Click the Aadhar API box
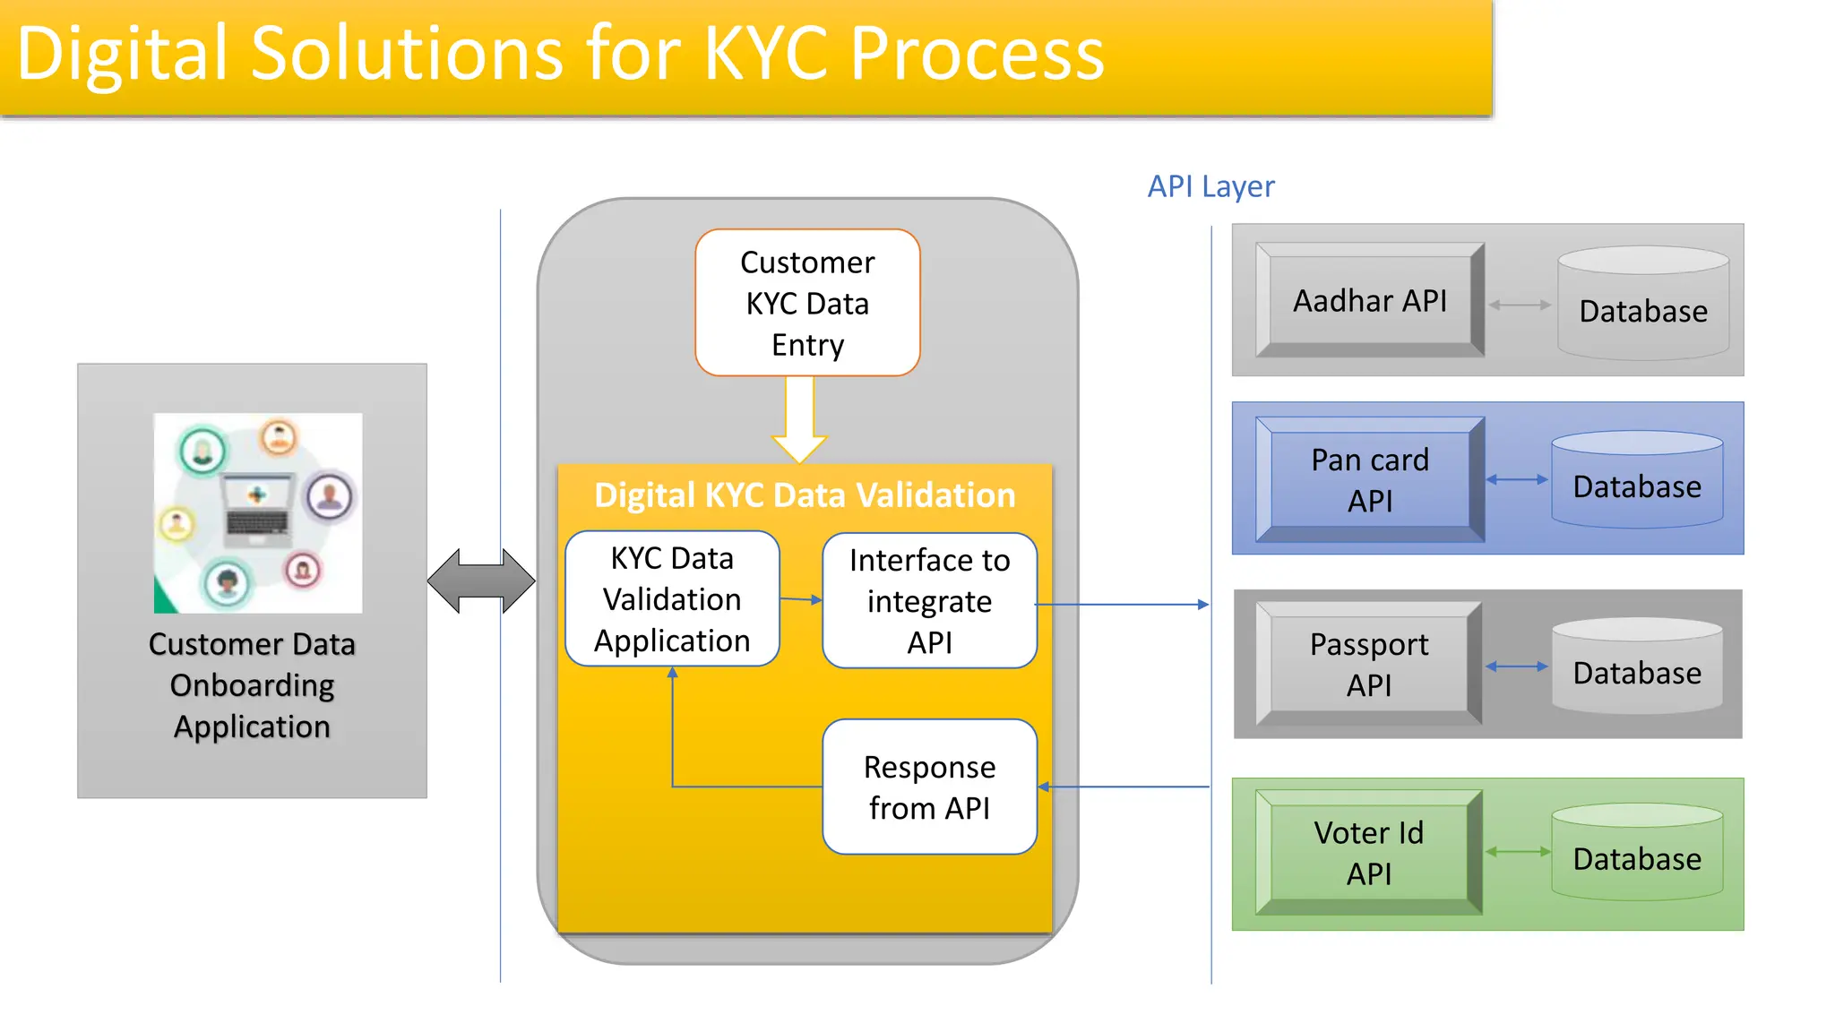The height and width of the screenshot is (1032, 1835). click(1369, 300)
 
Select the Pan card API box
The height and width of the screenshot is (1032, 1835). click(1369, 479)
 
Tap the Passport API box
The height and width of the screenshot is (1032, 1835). click(1368, 664)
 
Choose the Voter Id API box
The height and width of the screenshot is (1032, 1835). click(1368, 852)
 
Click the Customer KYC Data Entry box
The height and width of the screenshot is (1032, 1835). click(807, 303)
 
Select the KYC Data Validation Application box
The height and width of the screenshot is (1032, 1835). click(672, 599)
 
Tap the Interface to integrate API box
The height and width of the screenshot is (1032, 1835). click(929, 601)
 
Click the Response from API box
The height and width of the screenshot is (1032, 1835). click(929, 787)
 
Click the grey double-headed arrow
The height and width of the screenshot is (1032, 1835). click(481, 581)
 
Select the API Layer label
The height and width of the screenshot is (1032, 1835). click(1210, 186)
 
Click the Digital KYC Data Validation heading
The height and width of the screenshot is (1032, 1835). click(804, 495)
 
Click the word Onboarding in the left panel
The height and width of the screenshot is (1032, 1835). click(252, 685)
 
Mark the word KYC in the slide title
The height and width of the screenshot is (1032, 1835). click(768, 54)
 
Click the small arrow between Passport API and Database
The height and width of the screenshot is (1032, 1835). click(1516, 666)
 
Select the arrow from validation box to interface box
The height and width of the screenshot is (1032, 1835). click(800, 599)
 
